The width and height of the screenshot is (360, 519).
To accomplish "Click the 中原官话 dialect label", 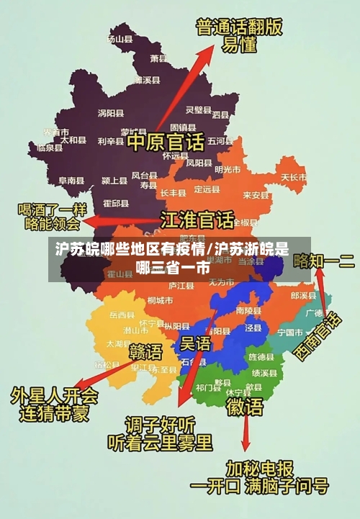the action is [166, 140].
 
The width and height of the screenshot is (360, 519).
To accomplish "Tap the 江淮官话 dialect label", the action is [197, 219].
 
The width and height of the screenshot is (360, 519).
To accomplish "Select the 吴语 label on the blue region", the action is [195, 343].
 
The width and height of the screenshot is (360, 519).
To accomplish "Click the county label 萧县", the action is [159, 58].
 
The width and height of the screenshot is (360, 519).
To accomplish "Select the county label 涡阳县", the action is [111, 113].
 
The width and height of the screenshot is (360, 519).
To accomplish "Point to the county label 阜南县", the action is [72, 180].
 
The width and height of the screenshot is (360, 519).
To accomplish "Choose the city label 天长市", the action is [293, 176].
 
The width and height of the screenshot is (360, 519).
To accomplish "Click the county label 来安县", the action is [256, 194].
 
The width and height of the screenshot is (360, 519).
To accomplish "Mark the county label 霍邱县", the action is [116, 204].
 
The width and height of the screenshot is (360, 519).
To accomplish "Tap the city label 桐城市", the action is [159, 300].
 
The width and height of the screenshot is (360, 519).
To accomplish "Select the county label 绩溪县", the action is [264, 374].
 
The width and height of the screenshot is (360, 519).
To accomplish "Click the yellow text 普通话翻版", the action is [239, 29].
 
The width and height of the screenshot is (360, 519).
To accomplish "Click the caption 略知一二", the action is [324, 261].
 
